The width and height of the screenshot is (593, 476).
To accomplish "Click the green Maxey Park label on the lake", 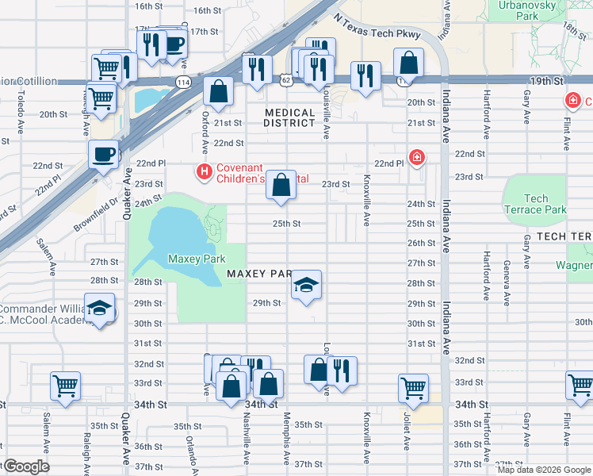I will point(197,259).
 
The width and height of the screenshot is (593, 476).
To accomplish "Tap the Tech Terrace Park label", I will point(535,205).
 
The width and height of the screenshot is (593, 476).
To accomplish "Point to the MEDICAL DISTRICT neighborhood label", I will point(290,117).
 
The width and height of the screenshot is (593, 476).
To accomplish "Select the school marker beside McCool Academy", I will point(100,308).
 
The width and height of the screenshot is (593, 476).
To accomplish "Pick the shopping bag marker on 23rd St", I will point(281,186).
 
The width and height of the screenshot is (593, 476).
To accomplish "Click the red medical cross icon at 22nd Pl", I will point(415,157).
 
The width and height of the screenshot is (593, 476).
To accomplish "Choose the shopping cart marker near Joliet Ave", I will point(413,388).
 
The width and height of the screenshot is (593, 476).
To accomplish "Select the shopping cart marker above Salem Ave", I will point(65,386).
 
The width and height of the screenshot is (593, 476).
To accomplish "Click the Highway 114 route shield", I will point(184,82).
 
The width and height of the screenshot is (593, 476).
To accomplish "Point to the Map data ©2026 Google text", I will point(544,469).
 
